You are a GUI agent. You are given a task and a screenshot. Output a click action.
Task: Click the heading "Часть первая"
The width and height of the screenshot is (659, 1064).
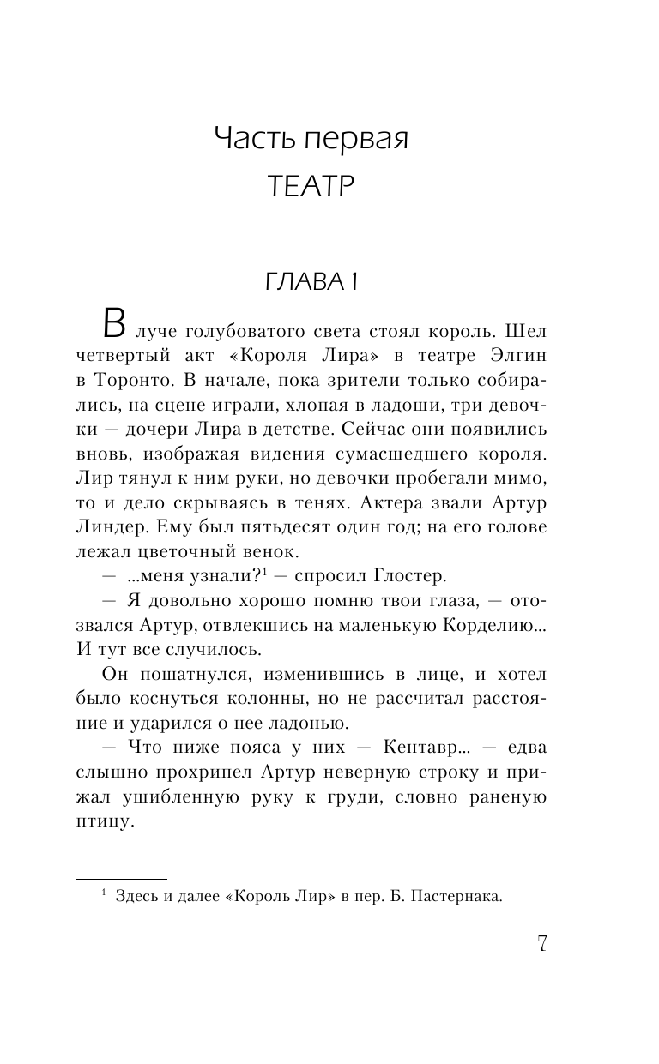pos(310,139)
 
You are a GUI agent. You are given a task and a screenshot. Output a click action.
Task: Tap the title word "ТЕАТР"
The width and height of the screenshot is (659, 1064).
pos(310,186)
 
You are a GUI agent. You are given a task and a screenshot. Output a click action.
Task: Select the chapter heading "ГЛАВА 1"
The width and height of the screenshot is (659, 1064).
pos(310,286)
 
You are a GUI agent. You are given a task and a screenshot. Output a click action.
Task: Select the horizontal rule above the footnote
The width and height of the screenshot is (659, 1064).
pos(122,879)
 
